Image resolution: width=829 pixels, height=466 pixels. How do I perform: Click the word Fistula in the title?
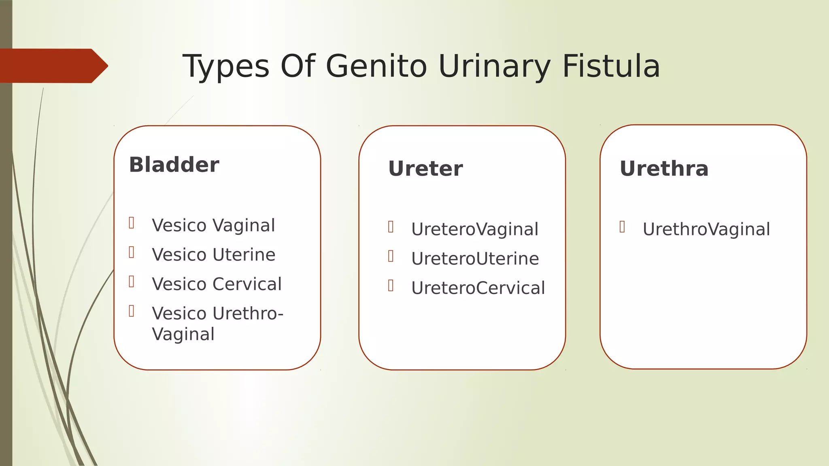[x=611, y=66]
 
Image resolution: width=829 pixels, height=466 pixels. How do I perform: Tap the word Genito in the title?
[x=376, y=66]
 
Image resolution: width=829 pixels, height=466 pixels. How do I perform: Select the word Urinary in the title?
[x=494, y=66]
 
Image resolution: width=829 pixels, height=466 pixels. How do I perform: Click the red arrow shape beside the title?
[x=53, y=66]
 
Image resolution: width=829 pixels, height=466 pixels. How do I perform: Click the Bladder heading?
[x=174, y=165]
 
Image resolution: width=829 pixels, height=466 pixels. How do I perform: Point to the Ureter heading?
[x=425, y=169]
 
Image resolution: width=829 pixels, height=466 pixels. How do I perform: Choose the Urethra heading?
[x=664, y=169]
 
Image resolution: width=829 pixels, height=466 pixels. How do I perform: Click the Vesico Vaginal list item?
[x=213, y=225]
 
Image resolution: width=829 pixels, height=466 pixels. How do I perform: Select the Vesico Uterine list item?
[x=213, y=255]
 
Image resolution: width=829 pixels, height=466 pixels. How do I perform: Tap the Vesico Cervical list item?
[x=217, y=284]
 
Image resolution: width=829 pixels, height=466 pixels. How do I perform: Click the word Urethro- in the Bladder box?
[x=248, y=313]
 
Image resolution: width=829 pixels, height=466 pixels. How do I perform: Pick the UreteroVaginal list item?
[x=474, y=229]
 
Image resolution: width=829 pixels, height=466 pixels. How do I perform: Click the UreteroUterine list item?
[x=475, y=259]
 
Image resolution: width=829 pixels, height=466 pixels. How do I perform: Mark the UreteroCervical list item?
[x=478, y=288]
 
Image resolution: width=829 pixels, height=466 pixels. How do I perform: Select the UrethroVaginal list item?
[x=706, y=229]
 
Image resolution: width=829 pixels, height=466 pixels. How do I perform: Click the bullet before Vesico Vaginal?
[x=132, y=223]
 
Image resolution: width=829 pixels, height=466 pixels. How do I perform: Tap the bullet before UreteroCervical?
[x=391, y=286]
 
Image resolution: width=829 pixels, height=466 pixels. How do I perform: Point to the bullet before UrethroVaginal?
[x=622, y=227]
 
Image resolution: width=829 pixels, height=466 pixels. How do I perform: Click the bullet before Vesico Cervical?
[x=132, y=282]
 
